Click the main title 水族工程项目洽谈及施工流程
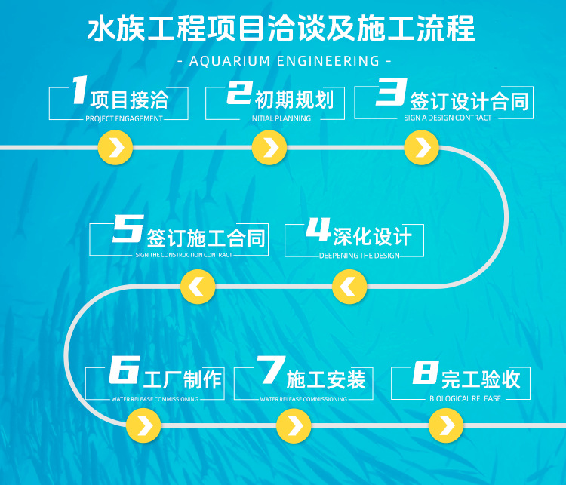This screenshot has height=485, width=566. point(282,30)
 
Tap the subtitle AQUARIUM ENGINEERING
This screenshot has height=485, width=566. point(283,60)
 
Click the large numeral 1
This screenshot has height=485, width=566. point(78,91)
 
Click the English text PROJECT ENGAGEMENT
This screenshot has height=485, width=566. point(124,119)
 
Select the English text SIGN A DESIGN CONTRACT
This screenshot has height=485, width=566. point(448,118)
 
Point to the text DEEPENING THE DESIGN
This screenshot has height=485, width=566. point(359,256)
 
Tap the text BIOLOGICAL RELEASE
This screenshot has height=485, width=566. point(465,399)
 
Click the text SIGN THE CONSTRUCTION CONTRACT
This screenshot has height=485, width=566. point(184,256)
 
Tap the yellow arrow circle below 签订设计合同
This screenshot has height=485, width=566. point(421,148)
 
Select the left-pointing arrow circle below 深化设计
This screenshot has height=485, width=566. point(349,287)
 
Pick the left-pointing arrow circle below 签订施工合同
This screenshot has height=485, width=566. point(198,287)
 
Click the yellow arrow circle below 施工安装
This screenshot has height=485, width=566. point(294,427)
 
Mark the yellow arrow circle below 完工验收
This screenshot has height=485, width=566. point(446,427)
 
